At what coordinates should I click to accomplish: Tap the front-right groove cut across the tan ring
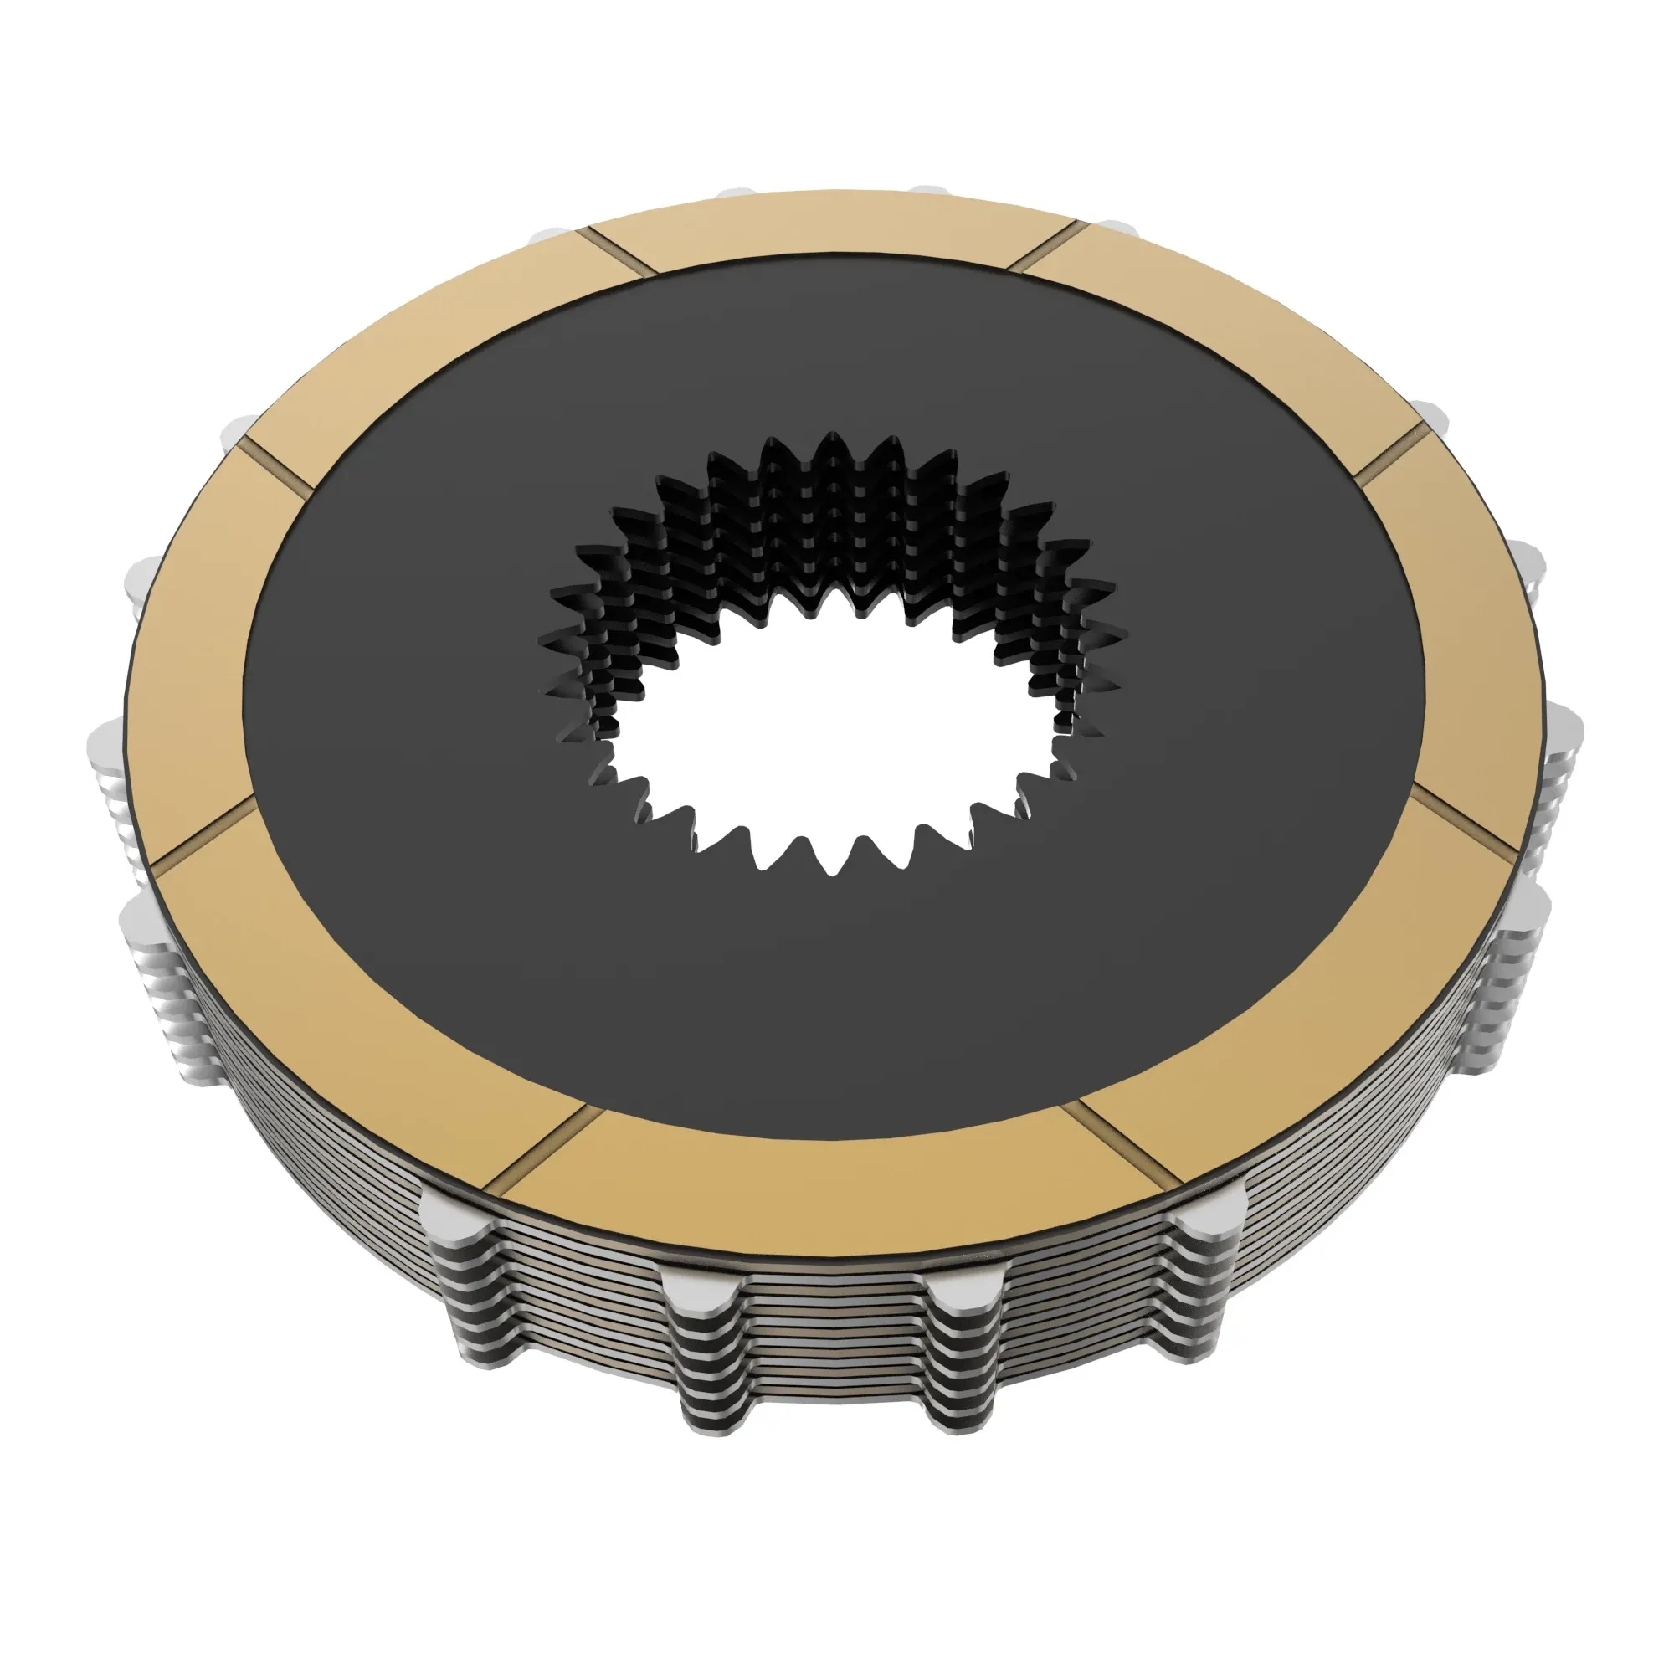click(x=1127, y=1143)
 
